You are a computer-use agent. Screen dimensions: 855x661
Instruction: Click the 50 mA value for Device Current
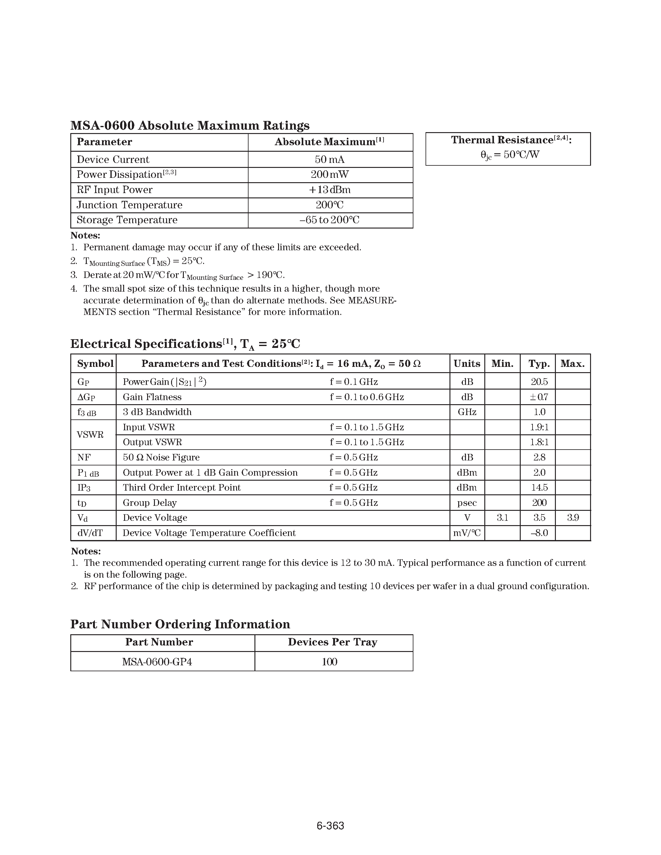[x=330, y=159]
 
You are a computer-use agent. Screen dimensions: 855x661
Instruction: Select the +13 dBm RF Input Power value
[x=330, y=190]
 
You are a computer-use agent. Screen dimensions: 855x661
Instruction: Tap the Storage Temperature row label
[x=127, y=220]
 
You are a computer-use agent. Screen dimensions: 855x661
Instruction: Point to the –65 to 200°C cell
[x=330, y=220]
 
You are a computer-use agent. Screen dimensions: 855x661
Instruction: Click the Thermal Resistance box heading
[x=511, y=140]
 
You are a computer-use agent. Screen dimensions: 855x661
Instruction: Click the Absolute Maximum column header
[x=329, y=142]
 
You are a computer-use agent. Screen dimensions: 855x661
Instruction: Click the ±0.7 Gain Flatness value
[x=539, y=397]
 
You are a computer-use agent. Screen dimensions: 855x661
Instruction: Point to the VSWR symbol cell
[x=90, y=435]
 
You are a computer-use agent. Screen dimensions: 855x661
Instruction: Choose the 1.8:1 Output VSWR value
[x=539, y=442]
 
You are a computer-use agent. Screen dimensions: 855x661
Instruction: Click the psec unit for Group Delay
[x=467, y=503]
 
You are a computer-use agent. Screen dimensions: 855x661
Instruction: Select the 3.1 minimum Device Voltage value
[x=502, y=518]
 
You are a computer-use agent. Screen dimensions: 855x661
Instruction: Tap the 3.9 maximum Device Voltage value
[x=573, y=518]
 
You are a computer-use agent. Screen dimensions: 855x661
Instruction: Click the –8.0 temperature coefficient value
[x=539, y=533]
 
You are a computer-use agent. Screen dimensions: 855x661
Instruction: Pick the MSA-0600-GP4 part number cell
[x=157, y=662]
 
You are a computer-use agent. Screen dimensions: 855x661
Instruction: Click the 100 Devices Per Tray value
[x=330, y=662]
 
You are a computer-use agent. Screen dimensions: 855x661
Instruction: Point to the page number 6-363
[x=330, y=826]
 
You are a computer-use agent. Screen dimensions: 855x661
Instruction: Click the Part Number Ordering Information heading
[x=180, y=624]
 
